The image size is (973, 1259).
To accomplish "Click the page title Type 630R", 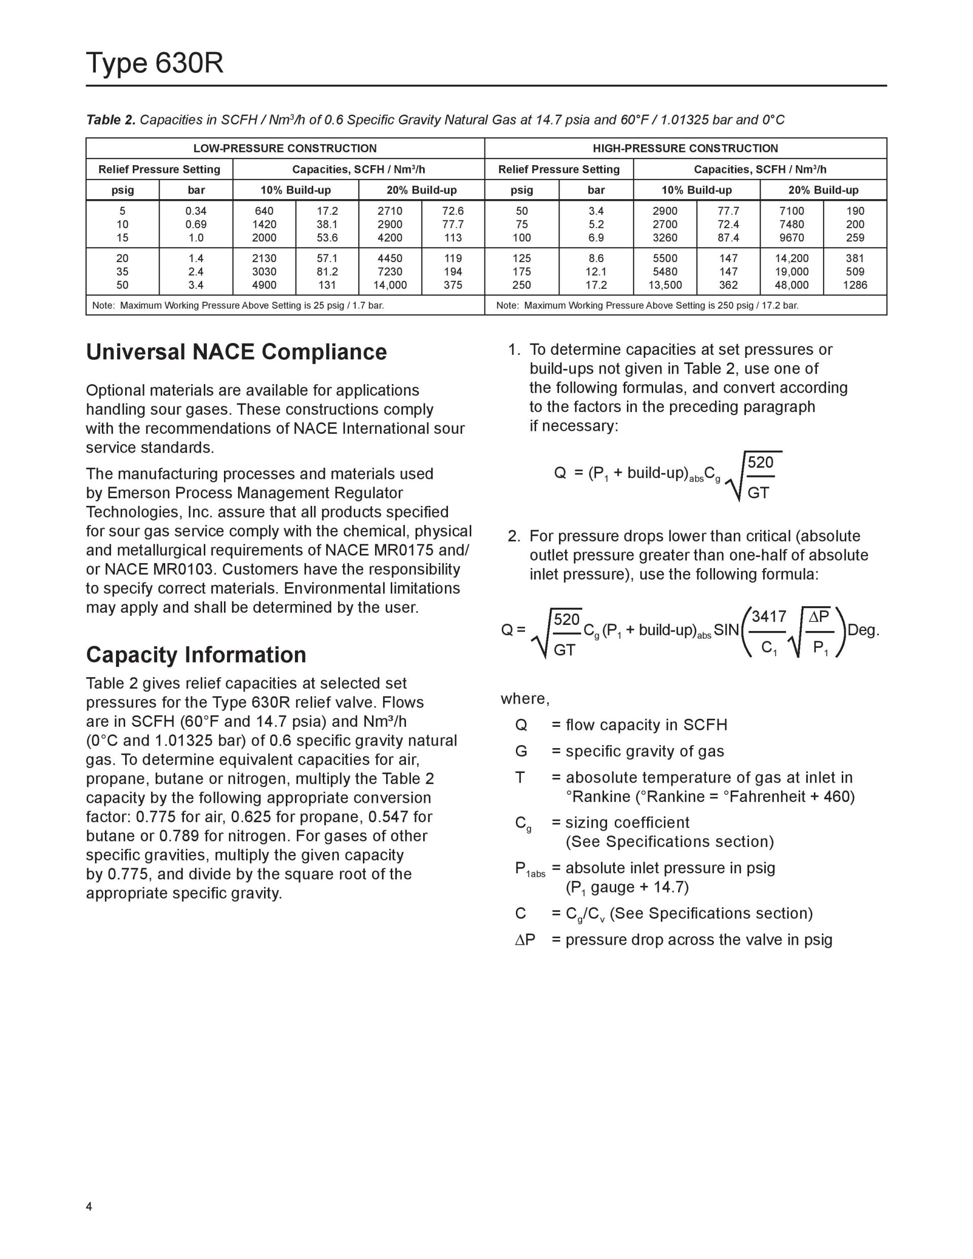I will pos(155,63).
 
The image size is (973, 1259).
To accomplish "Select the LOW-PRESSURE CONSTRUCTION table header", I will pos(285,148).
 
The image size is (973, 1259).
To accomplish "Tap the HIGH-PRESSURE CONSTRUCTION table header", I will pos(685,148).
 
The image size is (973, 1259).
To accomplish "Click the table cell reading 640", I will pos(264,211).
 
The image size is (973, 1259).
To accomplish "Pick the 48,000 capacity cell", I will pos(792,285).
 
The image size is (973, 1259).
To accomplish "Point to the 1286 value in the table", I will pos(855,285).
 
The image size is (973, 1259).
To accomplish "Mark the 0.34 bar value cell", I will pos(196,211).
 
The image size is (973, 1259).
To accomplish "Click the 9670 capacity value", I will pos(792,238).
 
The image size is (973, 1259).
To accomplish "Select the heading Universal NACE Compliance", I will pos(236,352).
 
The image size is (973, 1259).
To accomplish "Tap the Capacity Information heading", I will pos(196,655).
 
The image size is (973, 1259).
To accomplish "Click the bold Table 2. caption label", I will pos(110,120).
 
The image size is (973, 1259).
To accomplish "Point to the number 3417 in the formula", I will pos(769,617).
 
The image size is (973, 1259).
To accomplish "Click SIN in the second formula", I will pos(726,630).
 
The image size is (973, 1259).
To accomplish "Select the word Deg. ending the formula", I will pos(864,630).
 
